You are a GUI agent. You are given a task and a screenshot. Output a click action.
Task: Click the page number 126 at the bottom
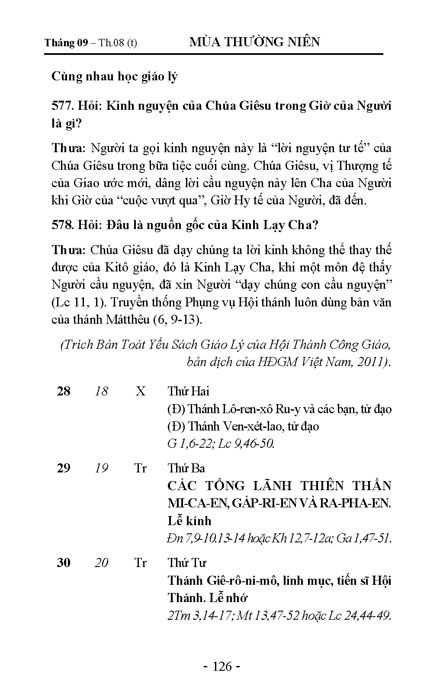[x=222, y=666]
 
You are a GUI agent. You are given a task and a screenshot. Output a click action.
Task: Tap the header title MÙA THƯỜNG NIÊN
[x=254, y=42]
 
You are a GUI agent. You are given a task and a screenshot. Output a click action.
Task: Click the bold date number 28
[x=64, y=392]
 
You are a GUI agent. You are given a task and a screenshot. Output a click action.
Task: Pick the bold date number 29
[x=64, y=469]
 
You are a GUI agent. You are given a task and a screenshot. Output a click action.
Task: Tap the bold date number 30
[x=64, y=563]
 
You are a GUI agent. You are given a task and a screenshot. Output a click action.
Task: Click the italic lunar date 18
[x=101, y=392]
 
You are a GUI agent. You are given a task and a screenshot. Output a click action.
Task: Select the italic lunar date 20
[x=101, y=563]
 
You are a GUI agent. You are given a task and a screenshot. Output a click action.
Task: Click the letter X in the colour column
[x=141, y=392]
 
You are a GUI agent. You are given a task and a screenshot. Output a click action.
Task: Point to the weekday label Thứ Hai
[x=189, y=392]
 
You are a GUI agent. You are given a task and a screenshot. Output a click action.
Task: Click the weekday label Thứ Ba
[x=186, y=469]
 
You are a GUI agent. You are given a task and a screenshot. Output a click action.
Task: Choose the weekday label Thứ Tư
[x=187, y=563]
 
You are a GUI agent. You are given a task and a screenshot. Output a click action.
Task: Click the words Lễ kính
[x=189, y=521]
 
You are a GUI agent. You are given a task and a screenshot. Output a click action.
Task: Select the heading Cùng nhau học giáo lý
[x=114, y=76]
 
